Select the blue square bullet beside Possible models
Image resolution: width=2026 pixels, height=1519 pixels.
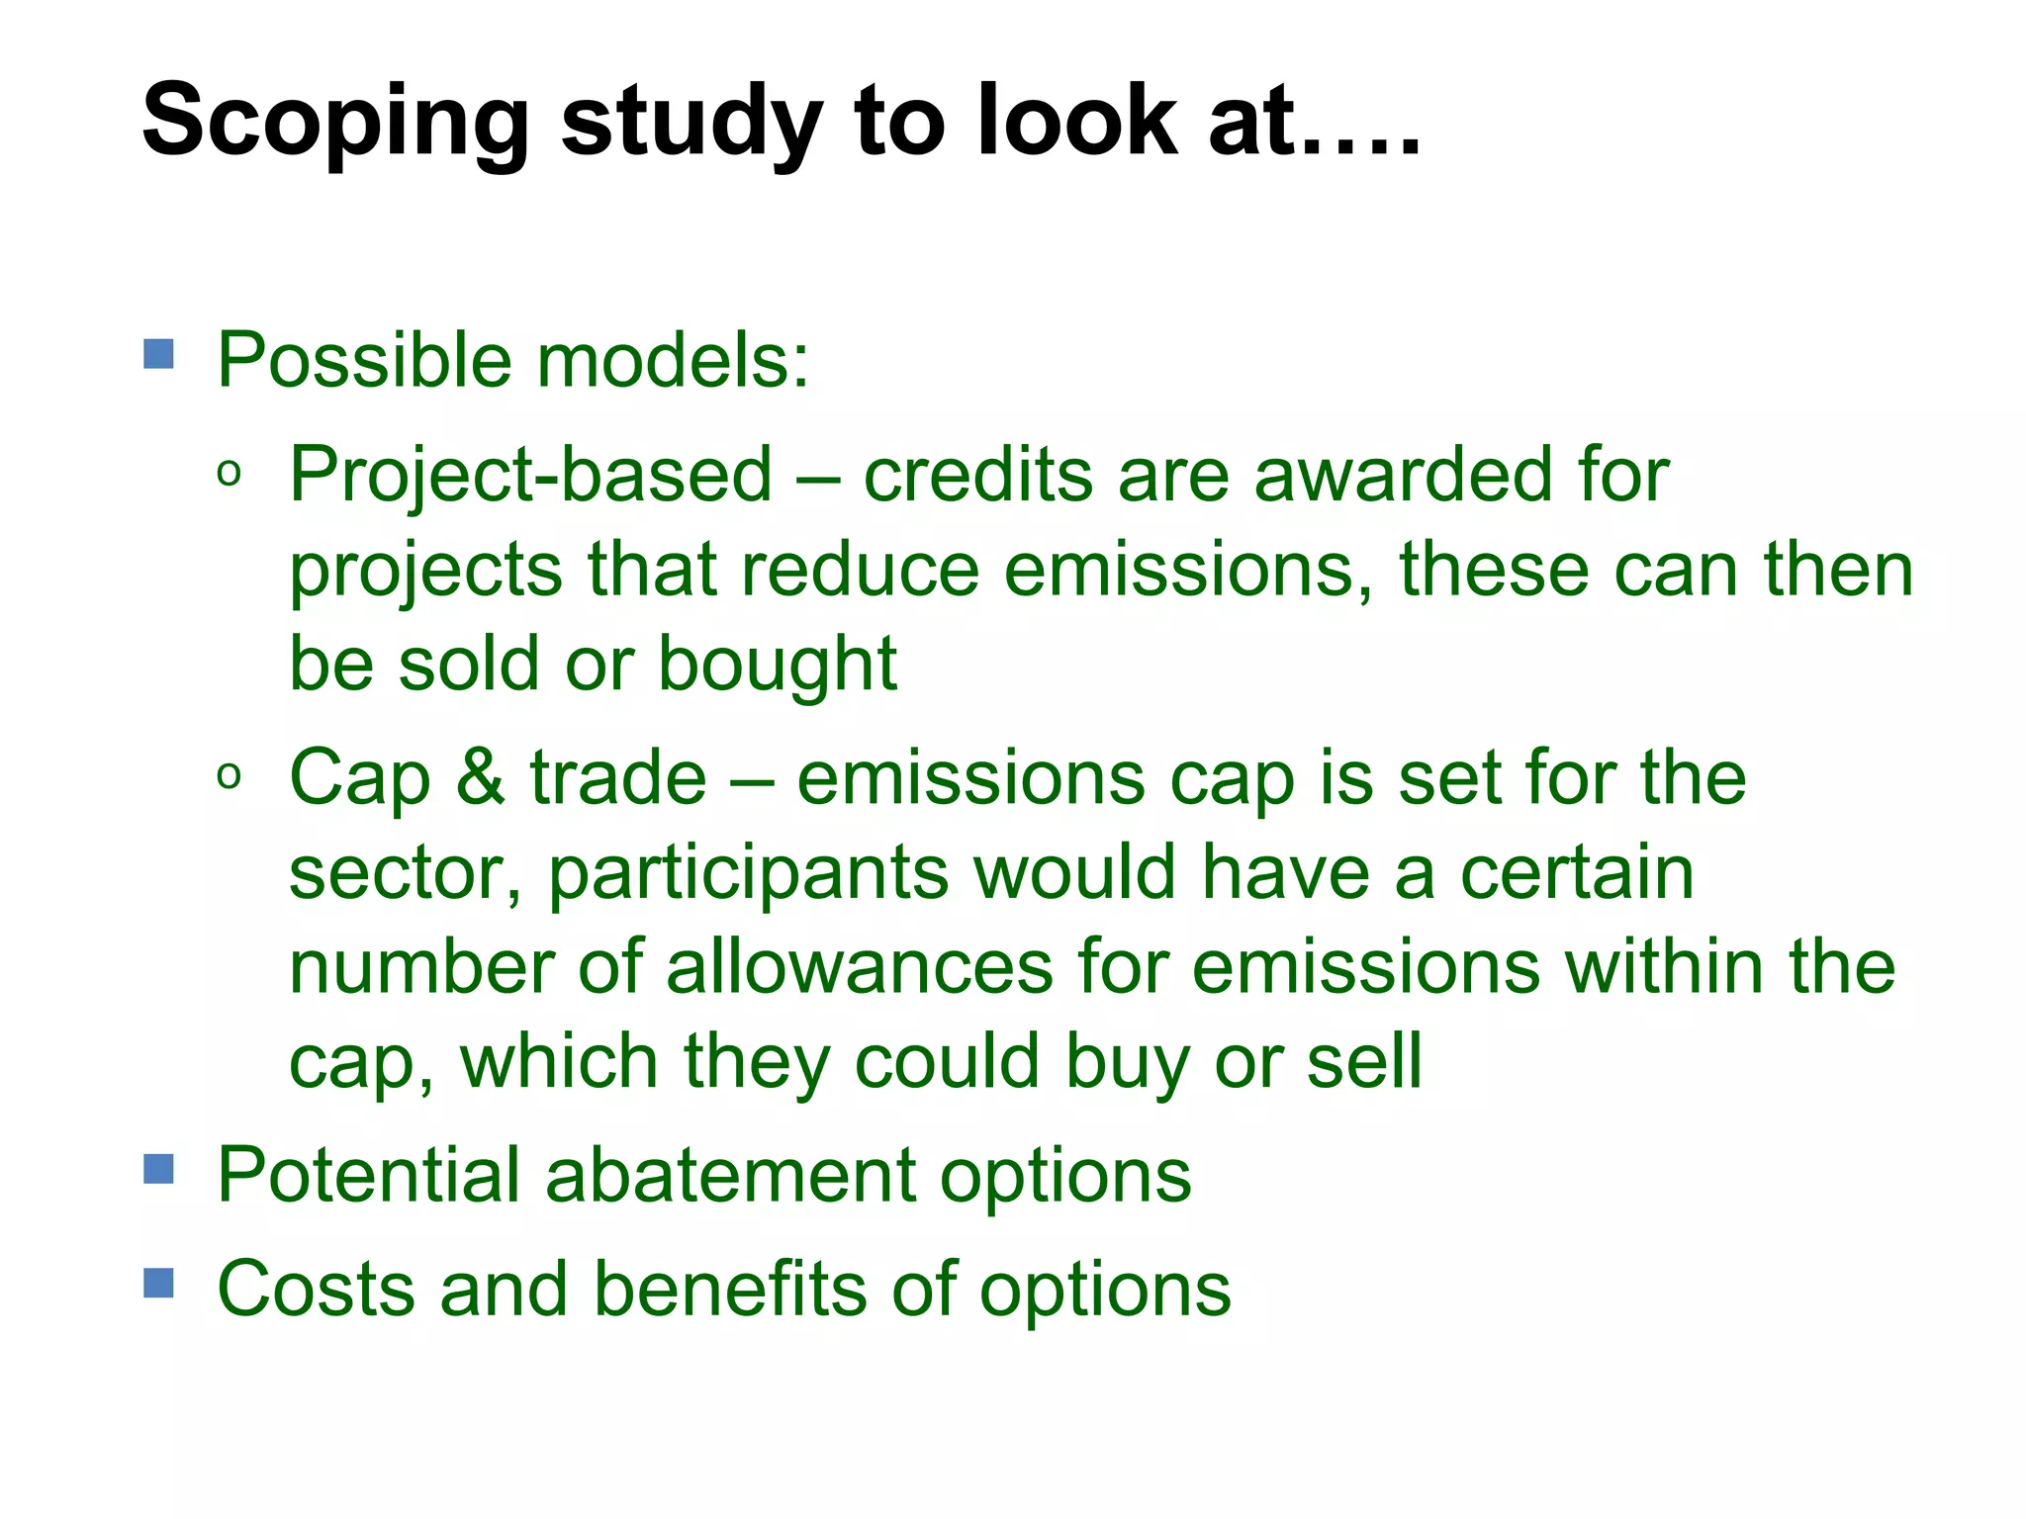point(158,354)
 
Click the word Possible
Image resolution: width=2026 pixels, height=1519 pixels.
point(363,360)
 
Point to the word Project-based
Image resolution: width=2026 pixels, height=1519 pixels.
point(530,476)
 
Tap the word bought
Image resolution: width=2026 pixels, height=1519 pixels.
point(778,664)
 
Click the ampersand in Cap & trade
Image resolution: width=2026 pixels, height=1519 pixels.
point(481,777)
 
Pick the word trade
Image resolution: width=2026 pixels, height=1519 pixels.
point(618,777)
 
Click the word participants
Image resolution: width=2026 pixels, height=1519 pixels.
point(748,874)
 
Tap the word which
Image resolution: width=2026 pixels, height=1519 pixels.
point(559,1061)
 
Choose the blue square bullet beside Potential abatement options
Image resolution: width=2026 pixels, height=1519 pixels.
point(158,1169)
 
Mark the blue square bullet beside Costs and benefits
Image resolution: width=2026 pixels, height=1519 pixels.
point(158,1284)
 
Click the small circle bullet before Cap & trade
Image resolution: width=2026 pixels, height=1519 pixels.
point(229,777)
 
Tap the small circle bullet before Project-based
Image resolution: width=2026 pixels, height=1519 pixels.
point(229,476)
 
